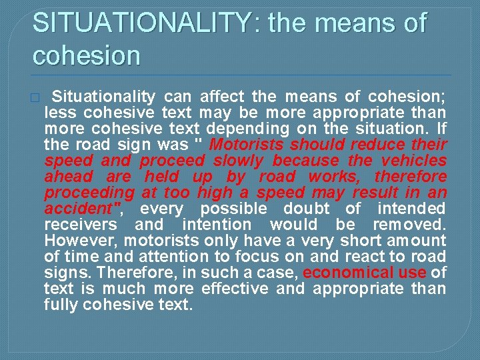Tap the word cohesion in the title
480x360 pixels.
(x=87, y=55)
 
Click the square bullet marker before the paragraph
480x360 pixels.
(x=35, y=97)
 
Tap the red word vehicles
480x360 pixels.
(x=415, y=161)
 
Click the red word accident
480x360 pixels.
(x=79, y=209)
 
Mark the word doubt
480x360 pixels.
(x=309, y=209)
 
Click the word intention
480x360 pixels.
(x=216, y=225)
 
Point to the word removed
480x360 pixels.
(x=409, y=225)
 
